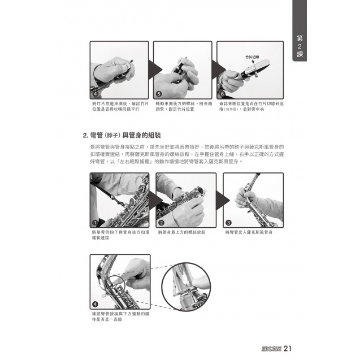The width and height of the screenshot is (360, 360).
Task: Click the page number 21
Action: click(x=287, y=348)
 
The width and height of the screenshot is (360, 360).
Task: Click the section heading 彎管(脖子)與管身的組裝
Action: click(x=122, y=136)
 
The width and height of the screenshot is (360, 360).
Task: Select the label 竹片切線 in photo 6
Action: click(x=252, y=58)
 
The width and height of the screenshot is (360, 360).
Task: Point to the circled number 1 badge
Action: click(x=94, y=222)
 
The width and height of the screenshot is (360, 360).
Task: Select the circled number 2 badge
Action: click(x=161, y=222)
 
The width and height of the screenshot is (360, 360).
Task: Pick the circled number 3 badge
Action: click(x=228, y=222)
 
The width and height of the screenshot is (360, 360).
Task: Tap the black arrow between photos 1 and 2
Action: click(x=153, y=201)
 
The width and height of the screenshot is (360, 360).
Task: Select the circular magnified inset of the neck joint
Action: click(x=186, y=288)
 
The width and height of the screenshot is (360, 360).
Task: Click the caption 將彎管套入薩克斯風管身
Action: click(x=249, y=232)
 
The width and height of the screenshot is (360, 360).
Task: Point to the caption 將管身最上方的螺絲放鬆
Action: click(x=181, y=232)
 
